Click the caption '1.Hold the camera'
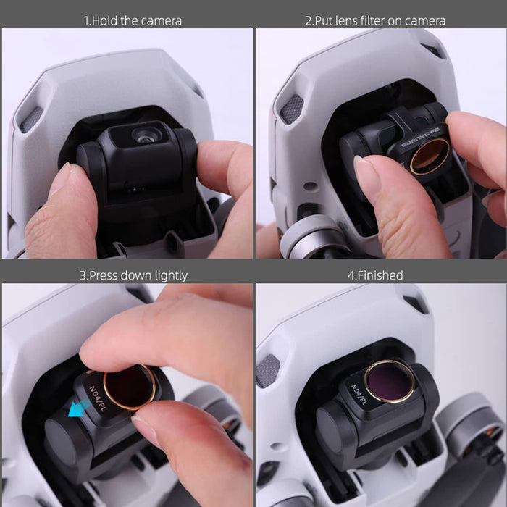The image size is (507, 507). click(133, 20)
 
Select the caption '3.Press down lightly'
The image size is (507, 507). click(133, 275)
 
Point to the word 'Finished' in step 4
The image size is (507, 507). click(385, 275)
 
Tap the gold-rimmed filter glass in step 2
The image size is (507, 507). click(430, 155)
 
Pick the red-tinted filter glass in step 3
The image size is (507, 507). click(129, 387)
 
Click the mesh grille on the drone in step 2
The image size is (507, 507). click(291, 109)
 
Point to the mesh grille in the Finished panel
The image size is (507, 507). click(267, 370)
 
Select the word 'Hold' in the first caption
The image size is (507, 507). click(106, 20)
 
